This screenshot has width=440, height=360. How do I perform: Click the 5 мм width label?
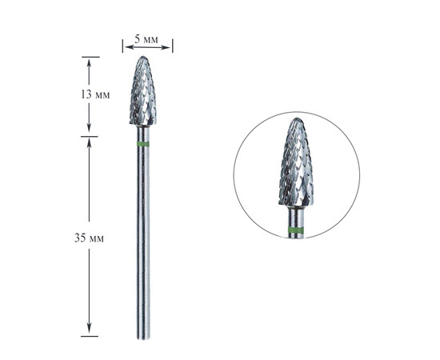tap(146, 39)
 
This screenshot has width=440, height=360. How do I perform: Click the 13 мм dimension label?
tap(95, 95)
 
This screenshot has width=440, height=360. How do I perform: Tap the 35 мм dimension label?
tap(89, 238)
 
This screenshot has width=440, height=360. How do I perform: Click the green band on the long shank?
tap(143, 144)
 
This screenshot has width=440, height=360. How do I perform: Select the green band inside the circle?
tap(296, 230)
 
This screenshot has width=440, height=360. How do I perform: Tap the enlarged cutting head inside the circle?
tap(296, 162)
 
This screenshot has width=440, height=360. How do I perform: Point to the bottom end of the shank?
tap(143, 338)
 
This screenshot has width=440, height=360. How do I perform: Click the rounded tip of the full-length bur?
tap(143, 57)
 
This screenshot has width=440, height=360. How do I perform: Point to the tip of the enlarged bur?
tap(297, 119)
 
